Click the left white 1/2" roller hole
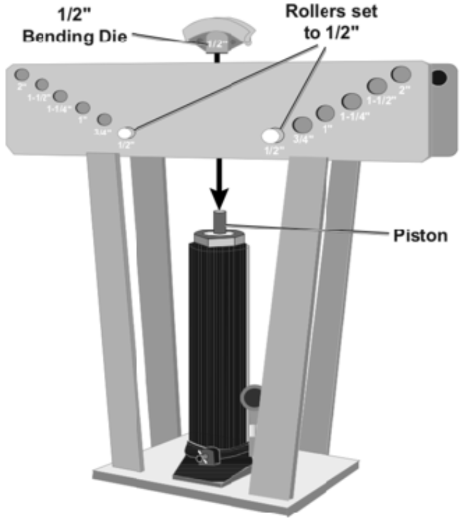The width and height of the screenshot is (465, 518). [x=127, y=132]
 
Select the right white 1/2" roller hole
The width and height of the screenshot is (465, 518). [x=272, y=134]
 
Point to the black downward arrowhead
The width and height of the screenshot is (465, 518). [x=217, y=197]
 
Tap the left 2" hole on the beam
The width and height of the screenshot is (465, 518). [x=21, y=75]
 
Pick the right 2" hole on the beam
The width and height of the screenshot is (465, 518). [x=401, y=75]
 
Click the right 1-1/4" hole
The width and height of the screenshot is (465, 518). [x=351, y=101]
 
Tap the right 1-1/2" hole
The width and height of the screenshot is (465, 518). [x=376, y=86]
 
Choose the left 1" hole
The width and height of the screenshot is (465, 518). [x=83, y=109]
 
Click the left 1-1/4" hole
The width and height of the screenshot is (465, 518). [x=60, y=96]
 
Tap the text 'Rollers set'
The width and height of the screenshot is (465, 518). [x=331, y=10]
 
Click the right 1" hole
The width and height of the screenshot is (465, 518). [x=326, y=113]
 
